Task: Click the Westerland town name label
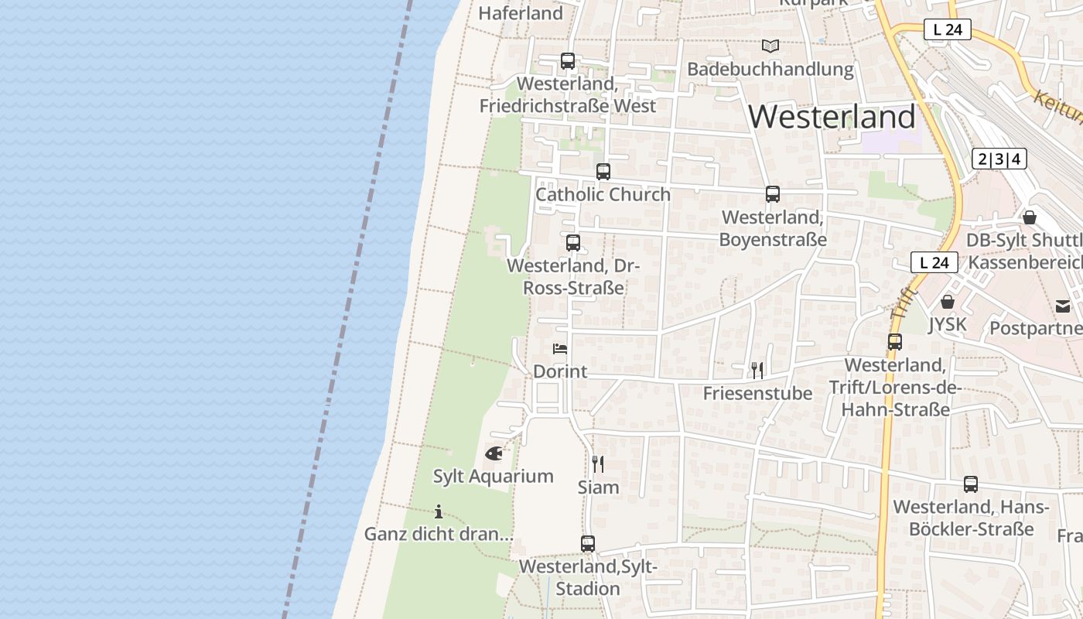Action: click(832, 117)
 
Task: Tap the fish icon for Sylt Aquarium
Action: click(494, 453)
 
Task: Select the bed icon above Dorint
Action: click(560, 349)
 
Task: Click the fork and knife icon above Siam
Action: click(598, 463)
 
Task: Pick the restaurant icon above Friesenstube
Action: click(757, 371)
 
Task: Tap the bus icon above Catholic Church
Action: click(603, 172)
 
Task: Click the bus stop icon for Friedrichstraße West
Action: click(568, 61)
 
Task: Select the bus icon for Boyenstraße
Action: click(773, 194)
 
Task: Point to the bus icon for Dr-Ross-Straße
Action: click(573, 243)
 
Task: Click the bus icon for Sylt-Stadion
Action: click(588, 544)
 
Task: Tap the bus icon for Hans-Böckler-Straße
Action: click(971, 484)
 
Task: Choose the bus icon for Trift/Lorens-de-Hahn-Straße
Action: click(895, 342)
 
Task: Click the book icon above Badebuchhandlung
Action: click(770, 46)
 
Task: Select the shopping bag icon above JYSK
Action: click(948, 302)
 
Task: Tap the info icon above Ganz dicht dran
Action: click(439, 511)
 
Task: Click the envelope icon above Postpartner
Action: click(1064, 306)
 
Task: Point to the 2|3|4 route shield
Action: click(999, 159)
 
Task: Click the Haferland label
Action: click(521, 13)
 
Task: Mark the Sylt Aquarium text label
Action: click(494, 477)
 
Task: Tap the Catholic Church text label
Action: click(603, 194)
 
